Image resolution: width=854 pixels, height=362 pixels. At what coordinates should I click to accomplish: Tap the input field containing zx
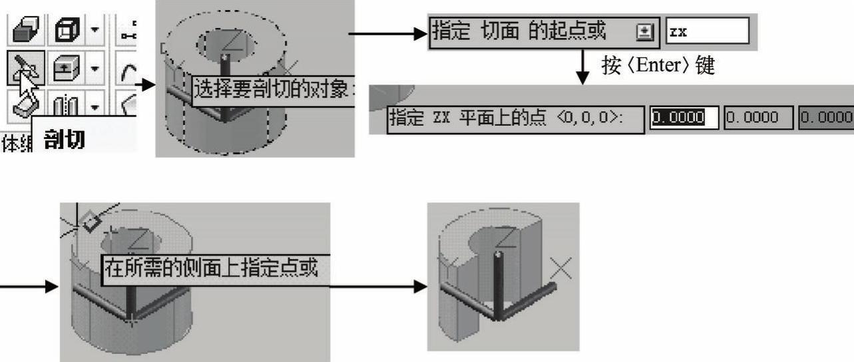point(707,31)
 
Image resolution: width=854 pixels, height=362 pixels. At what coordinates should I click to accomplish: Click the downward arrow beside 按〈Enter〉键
point(583,69)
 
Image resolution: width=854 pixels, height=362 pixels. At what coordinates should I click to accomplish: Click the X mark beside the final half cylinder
point(562,268)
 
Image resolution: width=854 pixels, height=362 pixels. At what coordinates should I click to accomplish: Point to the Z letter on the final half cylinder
point(507,238)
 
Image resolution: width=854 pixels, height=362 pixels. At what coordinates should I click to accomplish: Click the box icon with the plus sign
point(67,67)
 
